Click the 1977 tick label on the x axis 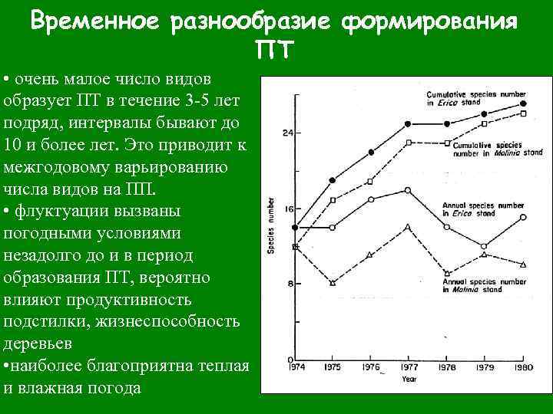(x=408, y=367)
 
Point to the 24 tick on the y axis (x=287, y=133)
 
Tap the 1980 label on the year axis (x=524, y=367)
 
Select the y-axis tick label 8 (x=290, y=284)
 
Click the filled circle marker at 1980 (x=523, y=103)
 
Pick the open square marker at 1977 (x=408, y=143)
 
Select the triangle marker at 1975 (x=333, y=283)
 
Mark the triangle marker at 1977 (x=407, y=227)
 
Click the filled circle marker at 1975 (x=333, y=180)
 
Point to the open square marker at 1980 (x=523, y=113)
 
